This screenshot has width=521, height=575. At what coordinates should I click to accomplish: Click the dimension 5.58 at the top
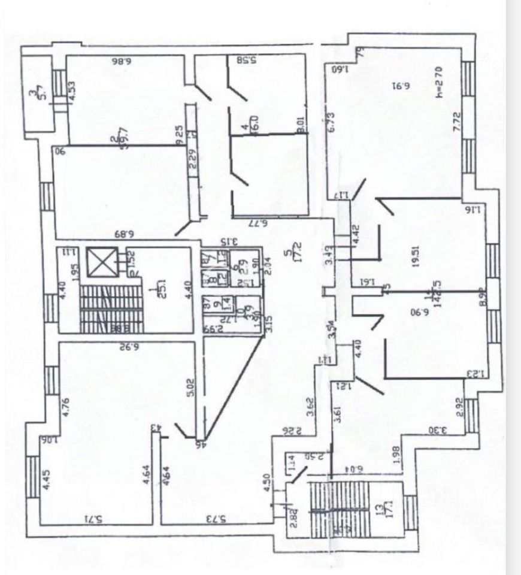coord(246,60)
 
